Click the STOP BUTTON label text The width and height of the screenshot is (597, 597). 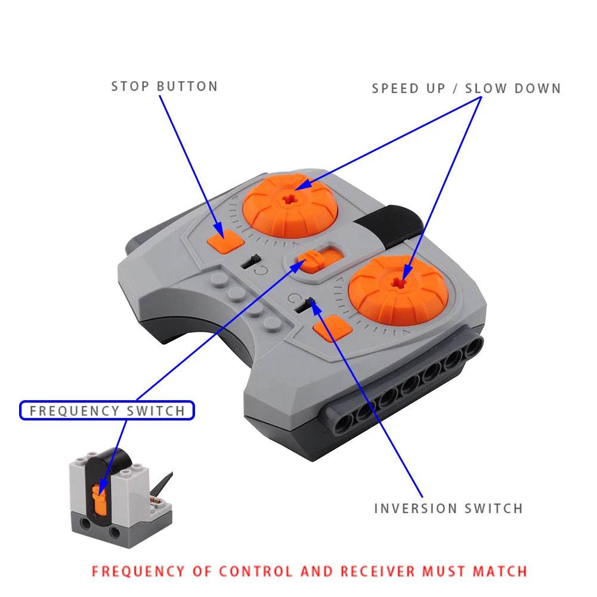pos(165,86)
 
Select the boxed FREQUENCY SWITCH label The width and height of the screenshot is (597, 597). pos(107,410)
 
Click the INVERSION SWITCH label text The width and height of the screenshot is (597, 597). pos(448,508)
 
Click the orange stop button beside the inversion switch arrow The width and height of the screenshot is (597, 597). pos(330,328)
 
